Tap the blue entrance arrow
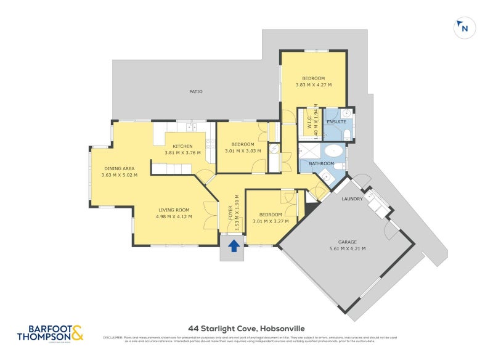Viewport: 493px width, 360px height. (x=234, y=246)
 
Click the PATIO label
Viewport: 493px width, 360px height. (x=195, y=92)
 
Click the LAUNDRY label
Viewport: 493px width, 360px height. (x=352, y=199)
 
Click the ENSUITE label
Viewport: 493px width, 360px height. (x=336, y=122)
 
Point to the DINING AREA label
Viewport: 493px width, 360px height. (x=119, y=168)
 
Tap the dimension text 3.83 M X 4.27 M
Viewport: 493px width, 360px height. (x=313, y=85)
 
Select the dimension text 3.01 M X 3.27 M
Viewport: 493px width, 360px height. (x=271, y=221)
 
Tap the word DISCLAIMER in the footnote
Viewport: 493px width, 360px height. (x=114, y=337)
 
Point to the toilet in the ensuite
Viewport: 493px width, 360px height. (x=346, y=134)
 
